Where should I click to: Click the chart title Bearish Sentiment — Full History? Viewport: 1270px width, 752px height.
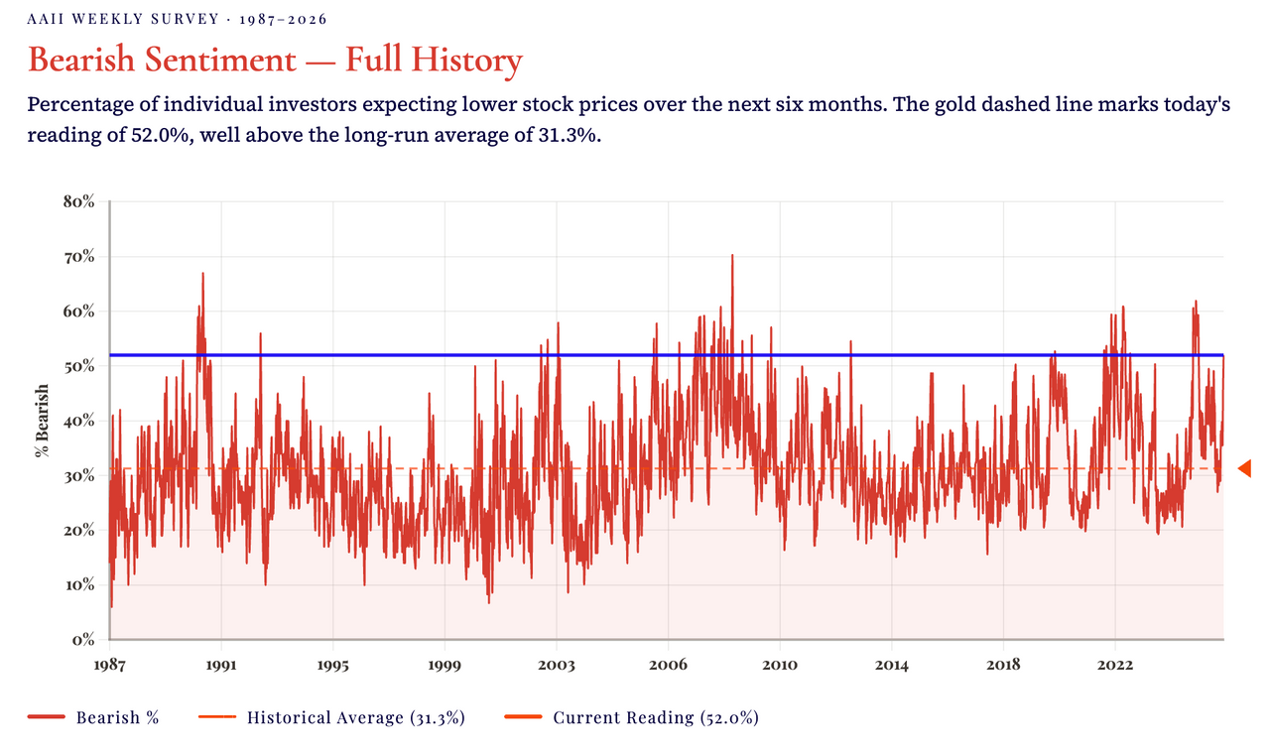point(275,61)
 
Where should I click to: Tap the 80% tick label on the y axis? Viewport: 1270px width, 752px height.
point(78,201)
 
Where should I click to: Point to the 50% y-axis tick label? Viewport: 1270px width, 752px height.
point(78,366)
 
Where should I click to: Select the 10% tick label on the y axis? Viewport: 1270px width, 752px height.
point(78,584)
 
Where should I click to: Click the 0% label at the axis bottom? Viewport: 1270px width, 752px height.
point(82,639)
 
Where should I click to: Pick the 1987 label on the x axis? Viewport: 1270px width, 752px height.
point(109,664)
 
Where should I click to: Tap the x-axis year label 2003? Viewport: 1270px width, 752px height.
point(556,664)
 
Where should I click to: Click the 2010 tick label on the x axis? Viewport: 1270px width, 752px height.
point(780,664)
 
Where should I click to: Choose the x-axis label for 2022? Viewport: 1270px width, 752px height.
point(1115,664)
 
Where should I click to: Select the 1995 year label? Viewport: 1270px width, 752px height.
point(332,664)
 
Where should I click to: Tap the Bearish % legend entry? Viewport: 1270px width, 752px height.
point(117,717)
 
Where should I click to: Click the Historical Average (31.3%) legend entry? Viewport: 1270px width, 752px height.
point(355,717)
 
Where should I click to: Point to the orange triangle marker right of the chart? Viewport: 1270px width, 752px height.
point(1244,467)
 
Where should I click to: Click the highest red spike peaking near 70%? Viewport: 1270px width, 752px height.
point(732,257)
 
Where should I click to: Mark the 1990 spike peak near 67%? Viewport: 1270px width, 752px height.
point(202,275)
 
